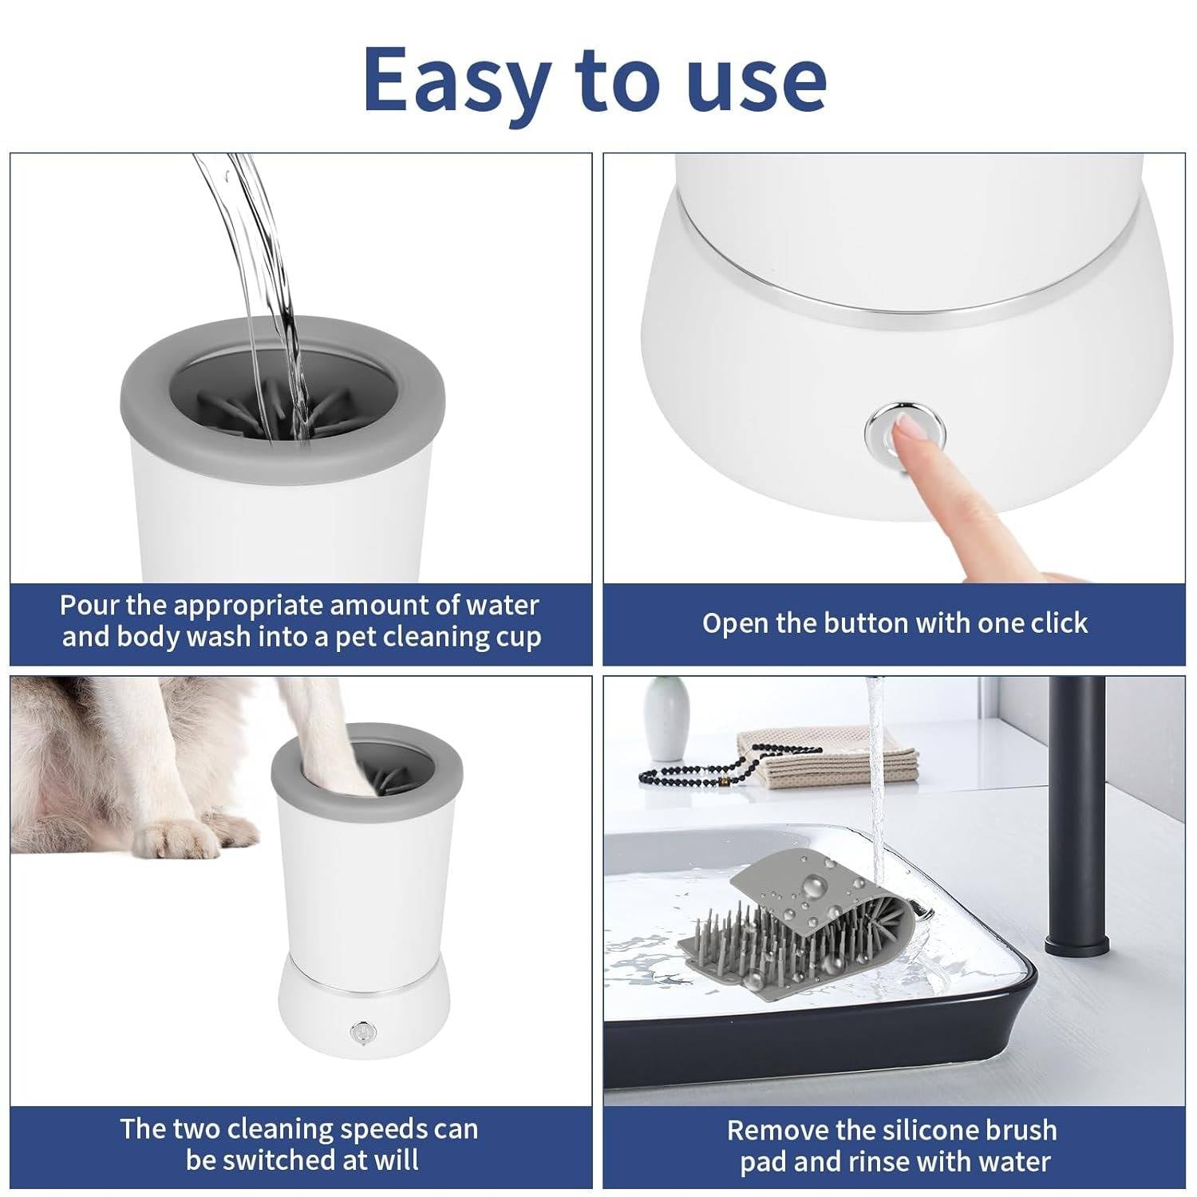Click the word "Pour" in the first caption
point(89,605)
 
